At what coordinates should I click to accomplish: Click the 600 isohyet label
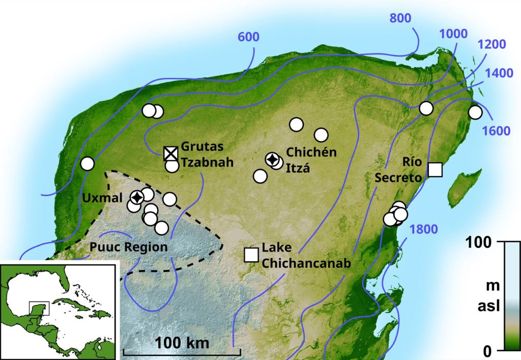tap(248, 37)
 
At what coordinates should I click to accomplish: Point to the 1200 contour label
tap(491, 45)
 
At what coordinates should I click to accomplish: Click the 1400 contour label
tap(499, 73)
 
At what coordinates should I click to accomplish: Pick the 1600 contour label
tap(496, 130)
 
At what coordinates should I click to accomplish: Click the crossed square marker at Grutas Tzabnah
tap(171, 153)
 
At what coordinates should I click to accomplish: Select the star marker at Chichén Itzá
tap(273, 160)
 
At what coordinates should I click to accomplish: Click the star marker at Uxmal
tap(137, 197)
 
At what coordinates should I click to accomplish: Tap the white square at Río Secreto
tap(435, 170)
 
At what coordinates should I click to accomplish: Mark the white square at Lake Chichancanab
tap(251, 254)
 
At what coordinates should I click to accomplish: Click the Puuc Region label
tap(129, 247)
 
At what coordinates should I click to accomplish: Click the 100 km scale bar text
tap(182, 343)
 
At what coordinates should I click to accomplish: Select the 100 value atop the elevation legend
tap(480, 242)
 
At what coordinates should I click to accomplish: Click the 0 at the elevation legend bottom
tap(486, 351)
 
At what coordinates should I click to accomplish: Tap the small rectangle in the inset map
tap(39, 308)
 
